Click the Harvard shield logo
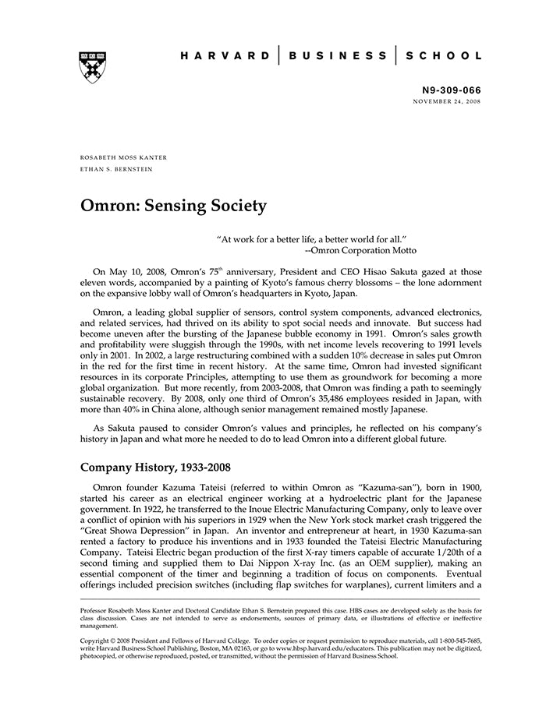coord(93,68)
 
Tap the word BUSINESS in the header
coord(336,56)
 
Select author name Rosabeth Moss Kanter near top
coord(124,157)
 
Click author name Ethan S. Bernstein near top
coord(117,168)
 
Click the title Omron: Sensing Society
coord(173,206)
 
